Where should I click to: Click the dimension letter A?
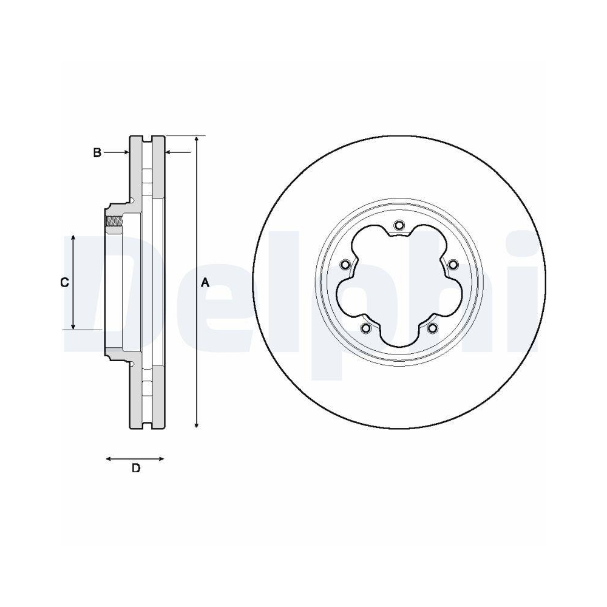205,283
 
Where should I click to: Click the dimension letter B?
97,152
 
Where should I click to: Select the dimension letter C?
64,282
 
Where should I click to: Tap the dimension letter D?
136,468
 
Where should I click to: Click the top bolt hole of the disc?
399,226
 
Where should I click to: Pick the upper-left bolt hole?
345,265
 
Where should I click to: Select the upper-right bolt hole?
453,265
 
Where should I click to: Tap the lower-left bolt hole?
365,328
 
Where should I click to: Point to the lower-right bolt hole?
432,328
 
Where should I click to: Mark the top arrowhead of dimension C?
73,237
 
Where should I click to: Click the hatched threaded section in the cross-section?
114,224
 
